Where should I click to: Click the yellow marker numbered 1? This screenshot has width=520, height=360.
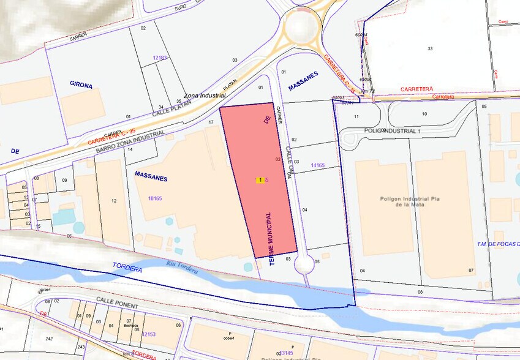[260, 180]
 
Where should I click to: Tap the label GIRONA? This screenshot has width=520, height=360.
[81, 85]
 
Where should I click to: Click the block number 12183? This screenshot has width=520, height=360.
[160, 58]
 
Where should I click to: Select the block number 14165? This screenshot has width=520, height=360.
[317, 165]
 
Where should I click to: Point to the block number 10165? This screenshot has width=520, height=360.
[155, 198]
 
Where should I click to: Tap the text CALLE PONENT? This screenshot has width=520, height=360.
[117, 304]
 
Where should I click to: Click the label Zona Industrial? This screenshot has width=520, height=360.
[205, 96]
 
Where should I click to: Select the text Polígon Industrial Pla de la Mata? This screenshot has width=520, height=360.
[402, 202]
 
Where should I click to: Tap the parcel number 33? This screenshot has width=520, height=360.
[430, 48]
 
